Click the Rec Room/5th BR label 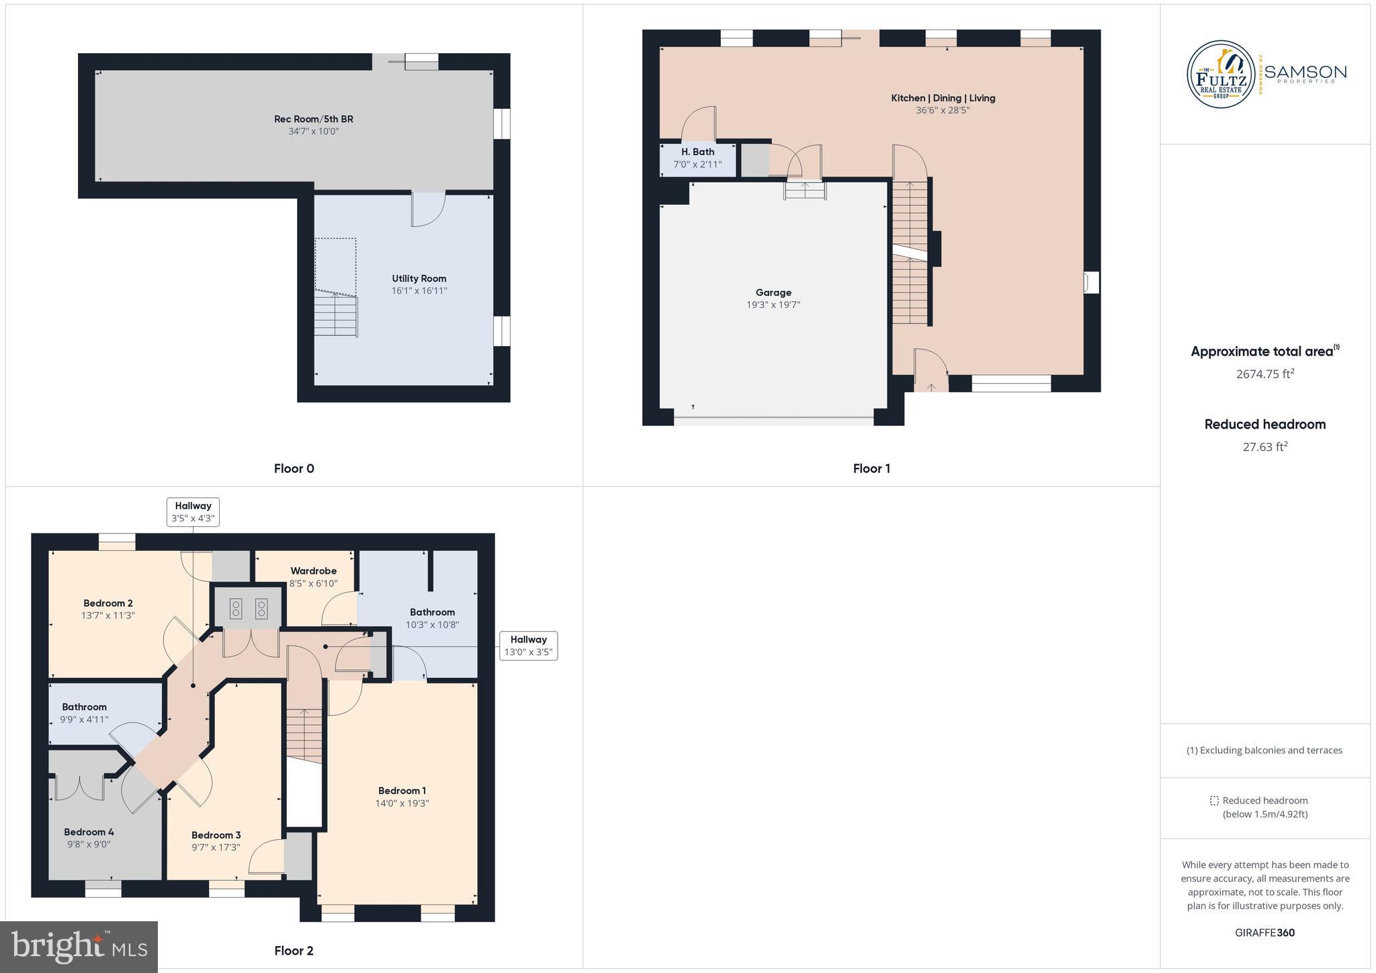tap(313, 119)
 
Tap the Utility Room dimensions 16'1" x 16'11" tap(419, 291)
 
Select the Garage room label tap(773, 292)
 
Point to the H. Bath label tap(697, 152)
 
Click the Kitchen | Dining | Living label tap(943, 98)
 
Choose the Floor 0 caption tap(294, 468)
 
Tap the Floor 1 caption tap(871, 468)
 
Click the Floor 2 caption tap(294, 950)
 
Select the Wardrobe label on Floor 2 tap(313, 570)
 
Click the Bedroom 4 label tap(89, 832)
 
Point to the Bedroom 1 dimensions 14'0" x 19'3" tap(402, 803)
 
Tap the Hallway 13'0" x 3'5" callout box tap(528, 646)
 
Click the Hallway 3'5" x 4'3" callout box tap(193, 512)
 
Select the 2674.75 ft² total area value tap(1264, 374)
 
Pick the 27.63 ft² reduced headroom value tap(1264, 447)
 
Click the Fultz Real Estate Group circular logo tap(1221, 74)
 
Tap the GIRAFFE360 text tap(1264, 933)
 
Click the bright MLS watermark tap(79, 947)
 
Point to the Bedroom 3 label tap(216, 835)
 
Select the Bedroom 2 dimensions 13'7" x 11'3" tap(107, 615)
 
